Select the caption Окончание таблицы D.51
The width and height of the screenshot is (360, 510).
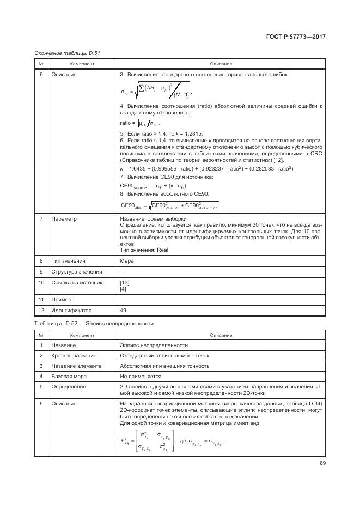click(x=67, y=53)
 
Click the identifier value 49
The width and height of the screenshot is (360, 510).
click(x=123, y=310)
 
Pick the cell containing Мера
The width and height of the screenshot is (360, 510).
click(x=126, y=261)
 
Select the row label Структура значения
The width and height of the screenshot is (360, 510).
click(x=76, y=271)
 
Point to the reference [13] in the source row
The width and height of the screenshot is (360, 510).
click(x=124, y=282)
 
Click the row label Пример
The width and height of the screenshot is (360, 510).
click(x=62, y=299)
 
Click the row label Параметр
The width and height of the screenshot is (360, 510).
click(x=64, y=219)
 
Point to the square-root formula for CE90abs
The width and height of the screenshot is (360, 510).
click(x=169, y=205)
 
